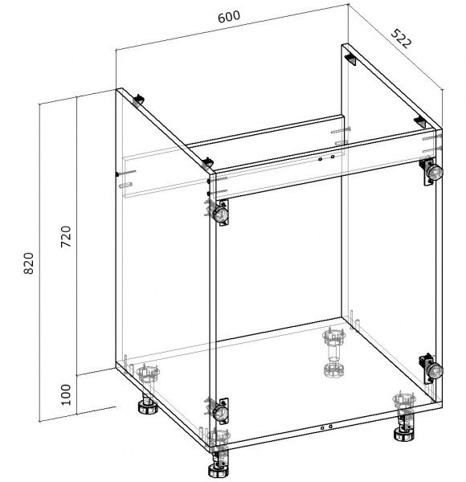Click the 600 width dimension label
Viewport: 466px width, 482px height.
[x=229, y=17]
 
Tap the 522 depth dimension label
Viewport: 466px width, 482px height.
[x=401, y=39]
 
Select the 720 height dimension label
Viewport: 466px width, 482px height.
[x=66, y=236]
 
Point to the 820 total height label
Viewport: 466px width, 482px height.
[x=29, y=263]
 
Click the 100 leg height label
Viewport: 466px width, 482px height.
[x=66, y=394]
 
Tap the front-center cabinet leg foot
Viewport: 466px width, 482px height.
[x=219, y=469]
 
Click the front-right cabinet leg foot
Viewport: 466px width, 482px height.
[x=404, y=434]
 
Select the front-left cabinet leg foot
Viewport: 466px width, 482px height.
[x=148, y=407]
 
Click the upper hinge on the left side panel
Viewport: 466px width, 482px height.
[x=221, y=213]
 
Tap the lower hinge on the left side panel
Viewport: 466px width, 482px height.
[x=221, y=411]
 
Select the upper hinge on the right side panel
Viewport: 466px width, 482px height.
[x=431, y=172]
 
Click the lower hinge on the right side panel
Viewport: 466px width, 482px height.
[x=431, y=369]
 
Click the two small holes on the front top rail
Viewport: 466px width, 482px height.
[x=326, y=158]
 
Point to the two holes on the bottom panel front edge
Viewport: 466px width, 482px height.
[x=326, y=427]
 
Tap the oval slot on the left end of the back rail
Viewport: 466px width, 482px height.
[x=125, y=185]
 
